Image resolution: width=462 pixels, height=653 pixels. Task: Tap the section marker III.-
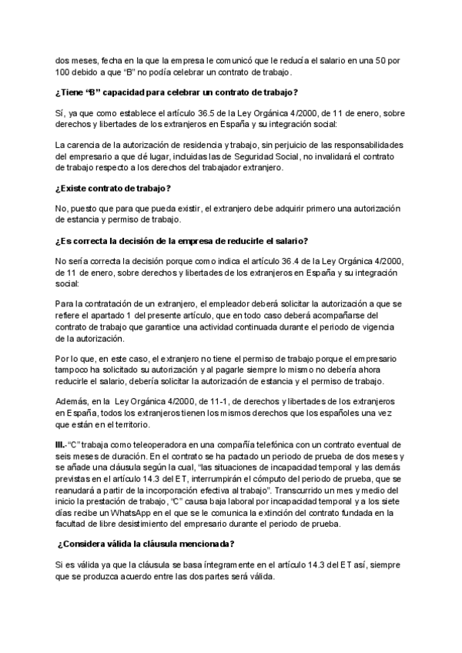(x=65, y=444)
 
